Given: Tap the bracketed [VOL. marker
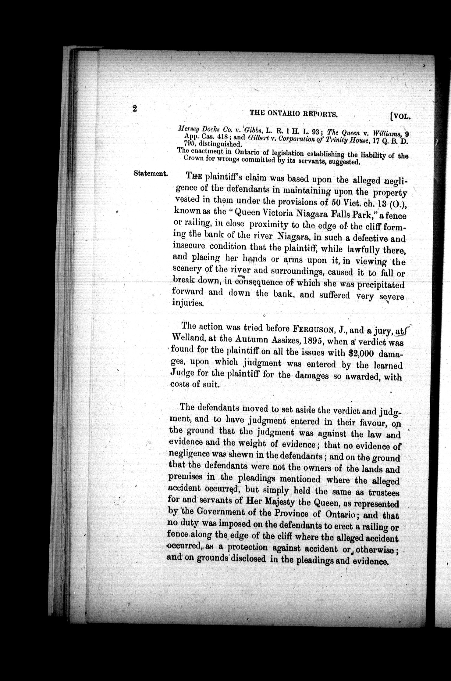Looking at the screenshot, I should [400, 116].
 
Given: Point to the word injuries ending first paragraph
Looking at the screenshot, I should [187, 303].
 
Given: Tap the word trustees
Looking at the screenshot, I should [384, 493].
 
